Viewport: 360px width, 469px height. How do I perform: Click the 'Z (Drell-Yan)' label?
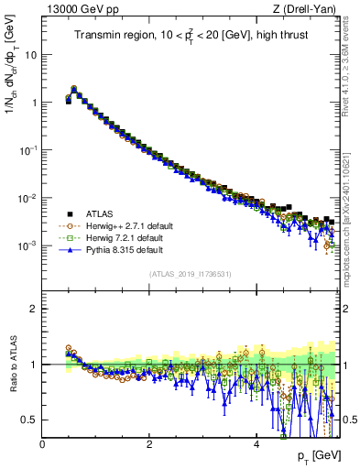[x=309, y=10]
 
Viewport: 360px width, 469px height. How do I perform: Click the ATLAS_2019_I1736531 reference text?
[x=191, y=274]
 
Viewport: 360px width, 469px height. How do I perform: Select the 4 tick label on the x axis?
[x=256, y=443]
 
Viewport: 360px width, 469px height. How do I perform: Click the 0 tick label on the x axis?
[x=42, y=443]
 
